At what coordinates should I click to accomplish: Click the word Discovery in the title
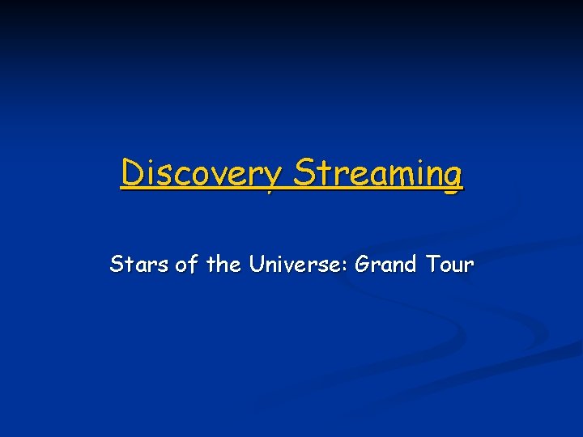pos(202,173)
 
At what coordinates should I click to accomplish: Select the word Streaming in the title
pos(378,173)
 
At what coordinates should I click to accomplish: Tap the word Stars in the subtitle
pos(139,265)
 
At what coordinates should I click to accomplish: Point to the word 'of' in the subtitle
pos(186,265)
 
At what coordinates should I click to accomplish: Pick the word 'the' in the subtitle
pos(224,265)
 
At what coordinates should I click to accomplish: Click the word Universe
pos(294,265)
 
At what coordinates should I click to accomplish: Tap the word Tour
pos(447,265)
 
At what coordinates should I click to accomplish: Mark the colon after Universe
pos(344,266)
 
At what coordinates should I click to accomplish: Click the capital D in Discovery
pos(131,172)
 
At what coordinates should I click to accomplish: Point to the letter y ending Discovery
pos(273,177)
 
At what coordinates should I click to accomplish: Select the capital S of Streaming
pos(304,172)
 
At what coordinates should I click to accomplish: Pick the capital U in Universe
pos(257,265)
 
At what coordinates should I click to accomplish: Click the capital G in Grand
pos(363,265)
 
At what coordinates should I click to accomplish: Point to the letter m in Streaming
pos(398,175)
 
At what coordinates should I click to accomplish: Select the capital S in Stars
pos(117,265)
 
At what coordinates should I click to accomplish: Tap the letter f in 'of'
pos(192,264)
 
